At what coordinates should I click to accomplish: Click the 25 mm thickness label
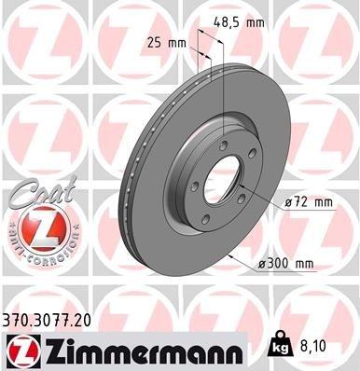point(168,42)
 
